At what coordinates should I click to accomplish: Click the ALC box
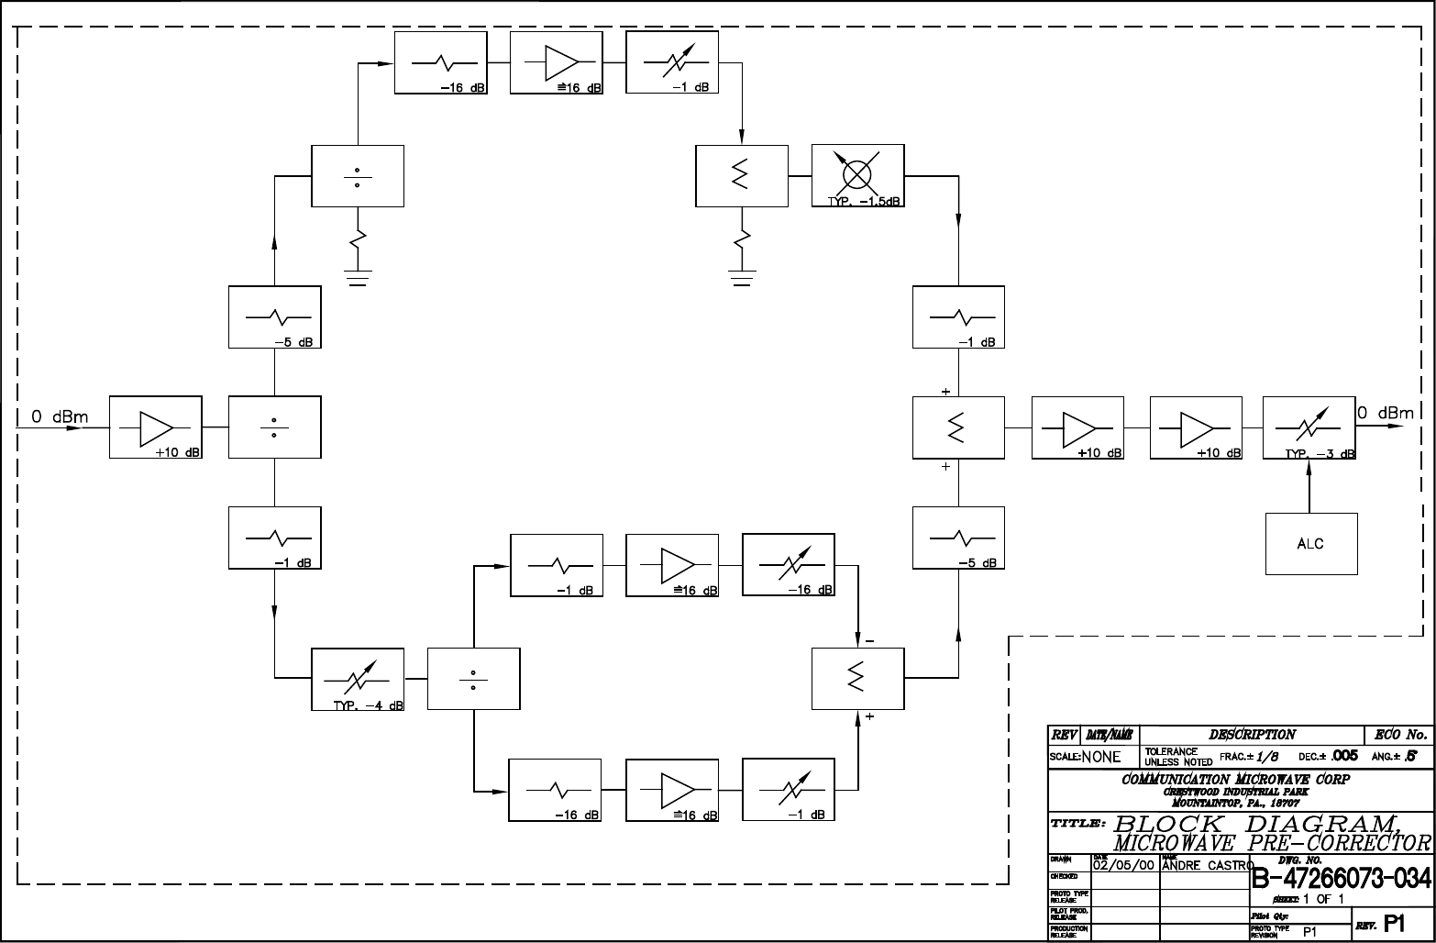tap(1310, 544)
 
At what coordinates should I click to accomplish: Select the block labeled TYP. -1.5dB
tap(857, 175)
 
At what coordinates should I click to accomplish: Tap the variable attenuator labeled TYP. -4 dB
tap(357, 679)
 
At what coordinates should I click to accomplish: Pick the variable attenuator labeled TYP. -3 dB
tap(1309, 427)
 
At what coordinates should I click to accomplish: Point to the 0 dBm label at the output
tap(1386, 413)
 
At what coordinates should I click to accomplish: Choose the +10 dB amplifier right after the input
tap(155, 427)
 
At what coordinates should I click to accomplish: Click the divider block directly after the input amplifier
tap(275, 427)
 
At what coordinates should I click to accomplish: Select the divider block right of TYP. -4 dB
tap(473, 679)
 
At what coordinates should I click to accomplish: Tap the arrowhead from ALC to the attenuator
tap(1309, 465)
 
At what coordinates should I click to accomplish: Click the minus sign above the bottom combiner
tap(868, 639)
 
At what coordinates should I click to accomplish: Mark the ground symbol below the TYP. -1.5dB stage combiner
tap(742, 277)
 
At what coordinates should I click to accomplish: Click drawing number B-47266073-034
tap(1341, 878)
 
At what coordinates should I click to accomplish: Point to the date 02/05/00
tap(1124, 864)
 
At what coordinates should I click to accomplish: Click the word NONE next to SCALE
tap(1101, 757)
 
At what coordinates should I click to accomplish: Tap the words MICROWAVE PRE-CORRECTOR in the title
tap(1272, 843)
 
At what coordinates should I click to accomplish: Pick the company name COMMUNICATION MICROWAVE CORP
tap(1235, 780)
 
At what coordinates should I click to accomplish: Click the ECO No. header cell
tap(1400, 734)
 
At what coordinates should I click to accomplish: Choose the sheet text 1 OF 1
tap(1323, 899)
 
